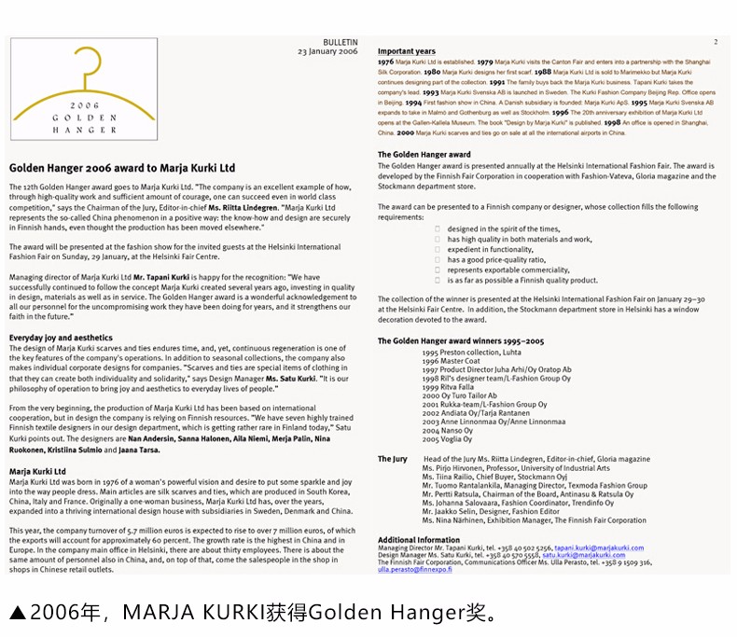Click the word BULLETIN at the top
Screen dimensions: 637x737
(x=340, y=43)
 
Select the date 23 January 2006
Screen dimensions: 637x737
(x=327, y=52)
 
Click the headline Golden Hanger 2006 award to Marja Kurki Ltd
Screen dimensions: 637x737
(x=122, y=169)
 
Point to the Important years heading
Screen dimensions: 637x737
(x=407, y=51)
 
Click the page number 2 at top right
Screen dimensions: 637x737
(x=716, y=43)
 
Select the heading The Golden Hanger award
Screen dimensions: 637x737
(x=424, y=155)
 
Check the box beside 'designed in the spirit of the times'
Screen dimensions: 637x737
(x=438, y=229)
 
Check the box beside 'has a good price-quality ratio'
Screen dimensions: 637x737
(x=438, y=260)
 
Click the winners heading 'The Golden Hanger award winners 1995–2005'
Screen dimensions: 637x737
(x=461, y=341)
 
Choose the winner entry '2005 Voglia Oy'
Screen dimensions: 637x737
(x=447, y=438)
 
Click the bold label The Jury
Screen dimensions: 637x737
(x=393, y=459)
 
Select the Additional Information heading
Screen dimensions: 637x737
(x=419, y=540)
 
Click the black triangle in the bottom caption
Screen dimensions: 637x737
(x=17, y=613)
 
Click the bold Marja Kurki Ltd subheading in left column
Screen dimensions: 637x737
(x=37, y=471)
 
